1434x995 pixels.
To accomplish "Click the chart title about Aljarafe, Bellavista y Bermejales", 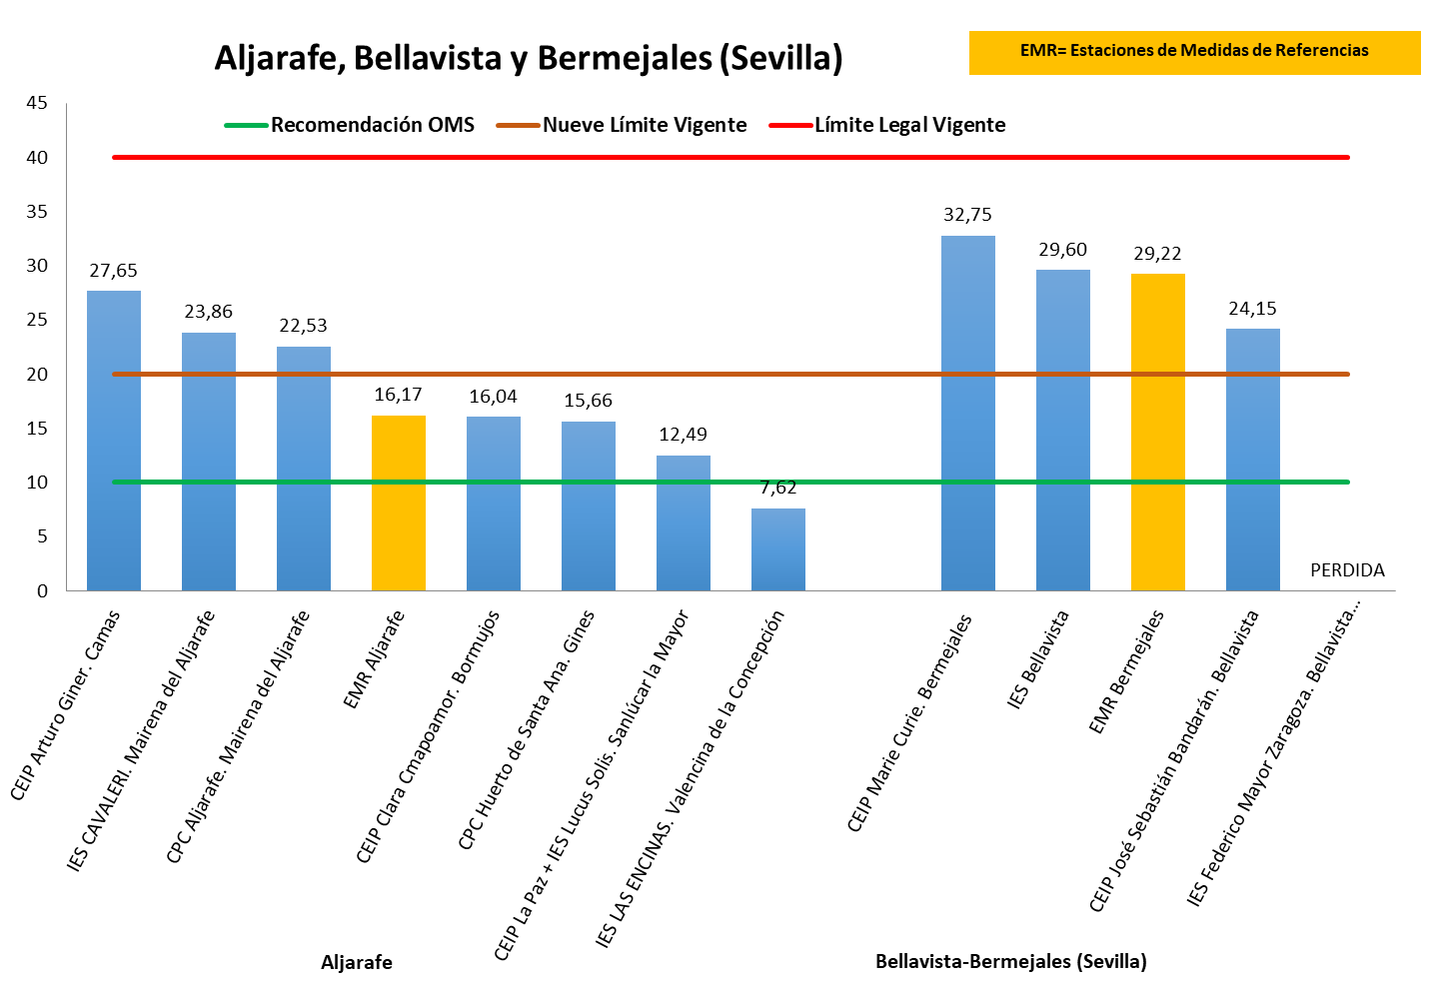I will [x=529, y=58].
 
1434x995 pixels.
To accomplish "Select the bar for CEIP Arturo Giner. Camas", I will [x=114, y=440].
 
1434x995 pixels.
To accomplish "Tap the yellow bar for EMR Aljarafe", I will [x=399, y=502].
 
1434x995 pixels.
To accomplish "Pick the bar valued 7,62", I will [x=778, y=549].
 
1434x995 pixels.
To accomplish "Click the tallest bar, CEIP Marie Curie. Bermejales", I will [x=968, y=413].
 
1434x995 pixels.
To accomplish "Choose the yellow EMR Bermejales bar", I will [x=1158, y=432].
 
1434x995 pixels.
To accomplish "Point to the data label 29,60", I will [x=1062, y=250].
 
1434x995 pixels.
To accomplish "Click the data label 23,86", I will [x=208, y=312].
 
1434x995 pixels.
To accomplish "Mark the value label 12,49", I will [x=683, y=435].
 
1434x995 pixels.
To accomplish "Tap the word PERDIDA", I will [x=1347, y=570].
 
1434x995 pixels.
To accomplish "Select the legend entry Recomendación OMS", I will [x=372, y=125].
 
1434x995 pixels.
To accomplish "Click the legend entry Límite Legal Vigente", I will [x=909, y=125].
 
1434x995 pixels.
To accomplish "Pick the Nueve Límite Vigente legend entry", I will [x=645, y=125].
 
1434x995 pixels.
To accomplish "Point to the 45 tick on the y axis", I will [x=37, y=103].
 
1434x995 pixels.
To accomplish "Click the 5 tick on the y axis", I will [x=42, y=536].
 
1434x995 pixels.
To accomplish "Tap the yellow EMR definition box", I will [x=1194, y=52].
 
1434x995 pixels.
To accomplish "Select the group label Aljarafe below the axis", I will [x=357, y=963].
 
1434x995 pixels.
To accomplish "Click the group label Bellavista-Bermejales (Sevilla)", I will [x=1010, y=962].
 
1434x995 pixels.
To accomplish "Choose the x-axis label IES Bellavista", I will [x=1038, y=659].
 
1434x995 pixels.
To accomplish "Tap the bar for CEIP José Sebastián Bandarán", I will [x=1253, y=460].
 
